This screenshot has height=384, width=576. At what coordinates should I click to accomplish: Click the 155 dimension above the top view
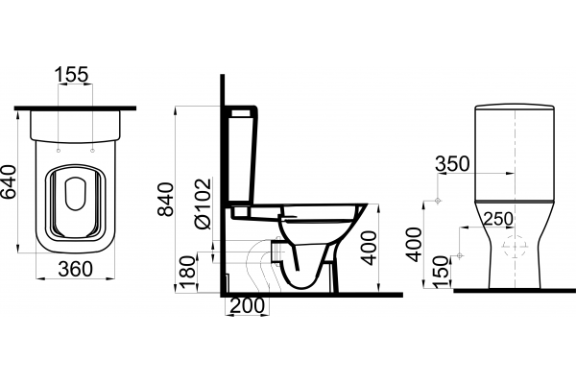[x=72, y=74]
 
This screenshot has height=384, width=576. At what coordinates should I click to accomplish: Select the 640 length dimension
[x=9, y=181]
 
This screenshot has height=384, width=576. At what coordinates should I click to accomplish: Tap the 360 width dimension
[x=75, y=270]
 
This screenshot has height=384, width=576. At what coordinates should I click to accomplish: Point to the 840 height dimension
[x=166, y=199]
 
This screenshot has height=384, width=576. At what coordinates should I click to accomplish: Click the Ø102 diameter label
[x=204, y=204]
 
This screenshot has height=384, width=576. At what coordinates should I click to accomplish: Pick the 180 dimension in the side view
[x=186, y=273]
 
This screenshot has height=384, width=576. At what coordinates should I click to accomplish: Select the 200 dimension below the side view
[x=247, y=305]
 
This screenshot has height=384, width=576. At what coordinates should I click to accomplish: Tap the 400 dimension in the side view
[x=369, y=248]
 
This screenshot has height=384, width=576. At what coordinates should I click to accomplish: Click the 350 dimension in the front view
[x=452, y=164]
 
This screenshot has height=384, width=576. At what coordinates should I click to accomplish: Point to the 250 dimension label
[x=498, y=219]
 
